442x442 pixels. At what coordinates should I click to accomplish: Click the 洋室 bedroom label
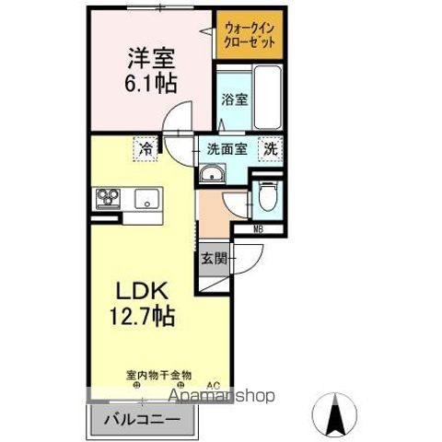(x=151, y=58)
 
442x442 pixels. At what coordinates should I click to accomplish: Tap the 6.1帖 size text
(x=151, y=83)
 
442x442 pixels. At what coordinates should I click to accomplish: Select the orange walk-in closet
(x=250, y=35)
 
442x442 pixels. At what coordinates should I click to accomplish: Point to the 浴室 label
(x=235, y=99)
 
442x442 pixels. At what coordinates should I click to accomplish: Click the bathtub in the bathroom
(x=268, y=98)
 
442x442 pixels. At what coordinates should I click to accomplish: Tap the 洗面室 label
(x=227, y=149)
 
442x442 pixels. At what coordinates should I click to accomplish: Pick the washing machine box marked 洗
(x=271, y=149)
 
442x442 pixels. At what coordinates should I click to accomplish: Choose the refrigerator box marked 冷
(x=145, y=149)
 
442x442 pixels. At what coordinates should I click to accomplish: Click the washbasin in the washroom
(x=212, y=174)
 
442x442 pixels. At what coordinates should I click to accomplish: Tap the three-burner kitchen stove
(x=108, y=199)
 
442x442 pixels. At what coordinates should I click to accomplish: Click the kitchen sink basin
(x=147, y=199)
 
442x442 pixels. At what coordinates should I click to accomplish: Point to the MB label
(x=258, y=229)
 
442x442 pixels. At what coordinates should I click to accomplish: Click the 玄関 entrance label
(x=214, y=259)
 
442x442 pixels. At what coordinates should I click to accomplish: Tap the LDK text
(x=142, y=290)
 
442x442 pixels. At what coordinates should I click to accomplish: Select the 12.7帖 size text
(x=142, y=316)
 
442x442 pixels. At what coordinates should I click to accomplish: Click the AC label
(x=214, y=385)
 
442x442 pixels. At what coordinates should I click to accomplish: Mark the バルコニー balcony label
(x=142, y=419)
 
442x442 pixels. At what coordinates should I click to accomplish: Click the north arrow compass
(x=334, y=414)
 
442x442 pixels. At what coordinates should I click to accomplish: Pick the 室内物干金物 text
(x=158, y=375)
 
